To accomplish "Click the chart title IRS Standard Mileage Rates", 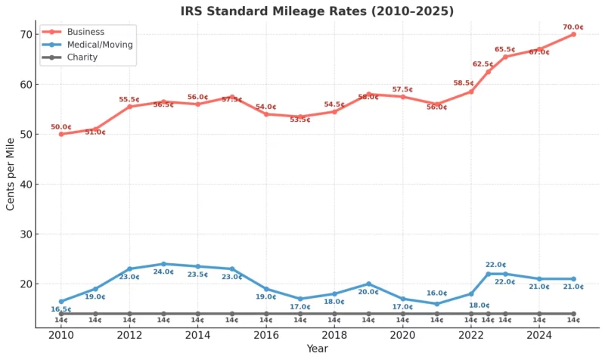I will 317,11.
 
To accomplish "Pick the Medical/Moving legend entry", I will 99,45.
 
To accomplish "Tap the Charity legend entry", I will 82,57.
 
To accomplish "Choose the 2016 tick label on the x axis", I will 266,335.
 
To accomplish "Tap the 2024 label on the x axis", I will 539,335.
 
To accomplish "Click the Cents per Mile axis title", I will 11,174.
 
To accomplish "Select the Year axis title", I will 317,349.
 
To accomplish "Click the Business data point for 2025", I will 573,34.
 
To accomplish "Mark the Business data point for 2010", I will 61,134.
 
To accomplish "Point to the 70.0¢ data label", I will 573,27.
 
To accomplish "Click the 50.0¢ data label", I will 61,127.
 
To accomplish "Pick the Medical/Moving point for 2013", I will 163,264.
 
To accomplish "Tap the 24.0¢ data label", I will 163,272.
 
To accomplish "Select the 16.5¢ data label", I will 61,309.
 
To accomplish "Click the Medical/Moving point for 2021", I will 436,304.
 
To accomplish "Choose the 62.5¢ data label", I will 483,64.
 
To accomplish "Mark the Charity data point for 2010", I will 61,313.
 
